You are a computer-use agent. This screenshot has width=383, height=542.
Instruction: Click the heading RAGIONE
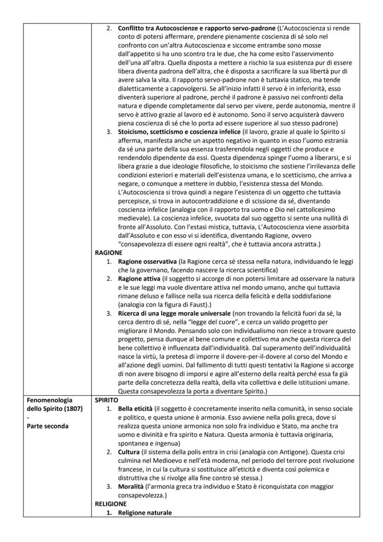pyautogui.click(x=108, y=253)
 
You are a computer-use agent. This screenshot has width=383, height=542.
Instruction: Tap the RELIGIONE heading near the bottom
pyautogui.click(x=111, y=504)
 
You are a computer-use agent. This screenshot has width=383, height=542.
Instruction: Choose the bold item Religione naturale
pyautogui.click(x=145, y=513)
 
